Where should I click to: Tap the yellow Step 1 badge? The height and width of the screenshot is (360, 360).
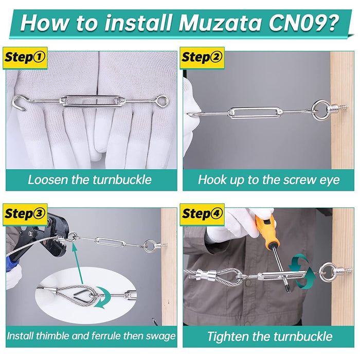point(25,58)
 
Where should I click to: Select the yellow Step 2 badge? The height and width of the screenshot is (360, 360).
point(202,58)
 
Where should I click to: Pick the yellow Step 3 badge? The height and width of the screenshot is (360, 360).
point(25,214)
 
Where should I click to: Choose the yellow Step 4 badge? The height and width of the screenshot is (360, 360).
point(202,214)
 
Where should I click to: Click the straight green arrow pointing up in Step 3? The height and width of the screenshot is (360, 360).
point(78,263)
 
